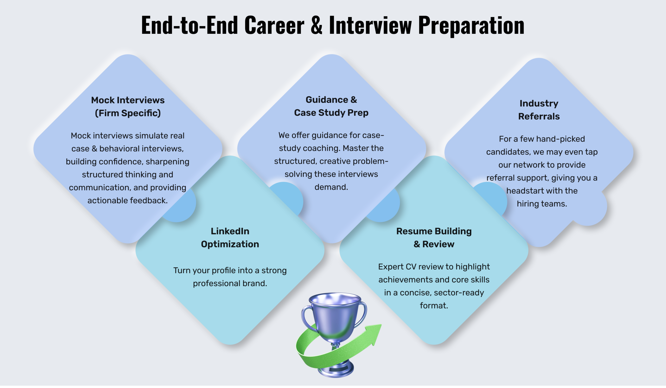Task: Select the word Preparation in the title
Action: [471, 26]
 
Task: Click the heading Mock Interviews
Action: [128, 100]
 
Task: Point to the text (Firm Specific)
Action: [128, 113]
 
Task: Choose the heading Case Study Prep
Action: [331, 113]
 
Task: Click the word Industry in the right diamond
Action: [539, 104]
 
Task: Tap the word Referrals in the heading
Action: [539, 116]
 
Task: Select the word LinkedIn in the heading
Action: [230, 231]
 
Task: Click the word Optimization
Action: [230, 244]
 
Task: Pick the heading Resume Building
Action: [434, 231]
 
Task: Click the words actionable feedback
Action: [128, 201]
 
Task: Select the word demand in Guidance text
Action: [331, 187]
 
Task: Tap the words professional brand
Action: [230, 284]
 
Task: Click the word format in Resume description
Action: [434, 306]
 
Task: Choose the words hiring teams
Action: [542, 204]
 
